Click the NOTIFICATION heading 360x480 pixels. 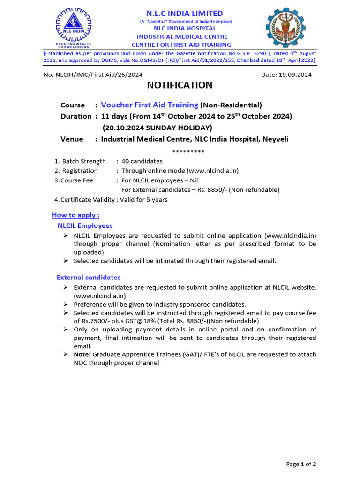(x=180, y=85)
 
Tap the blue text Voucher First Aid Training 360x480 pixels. (x=150, y=105)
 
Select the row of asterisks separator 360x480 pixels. (x=188, y=151)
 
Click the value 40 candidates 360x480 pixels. (x=142, y=161)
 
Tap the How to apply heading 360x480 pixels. (x=75, y=215)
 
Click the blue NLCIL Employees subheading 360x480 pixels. (x=85, y=225)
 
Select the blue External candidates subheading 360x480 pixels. (x=89, y=277)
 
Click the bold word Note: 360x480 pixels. (x=82, y=354)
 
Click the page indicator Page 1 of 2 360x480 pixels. (x=301, y=464)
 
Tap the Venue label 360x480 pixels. (x=72, y=139)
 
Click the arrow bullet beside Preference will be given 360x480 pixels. (x=66, y=304)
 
